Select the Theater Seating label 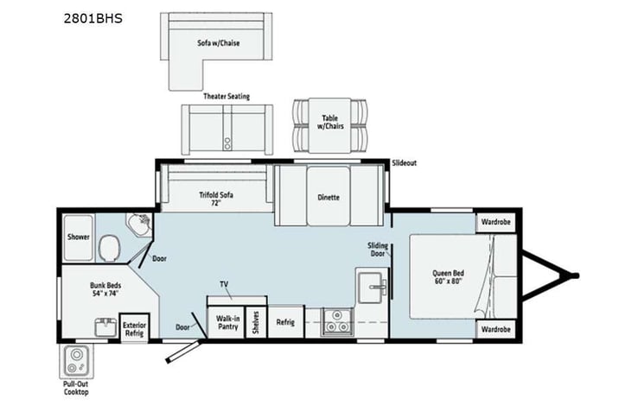[x=226, y=97]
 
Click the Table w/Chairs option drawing [x=329, y=126]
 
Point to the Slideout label [x=404, y=162]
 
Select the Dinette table [x=328, y=196]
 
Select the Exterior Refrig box [x=134, y=326]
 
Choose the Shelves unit [x=256, y=321]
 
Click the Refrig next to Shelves [x=285, y=321]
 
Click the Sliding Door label [x=376, y=250]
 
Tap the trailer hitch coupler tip [x=573, y=276]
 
